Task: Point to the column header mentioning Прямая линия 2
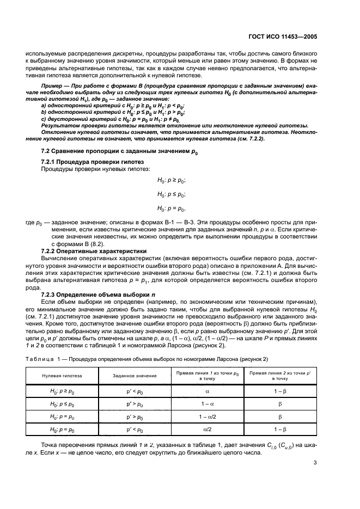(x=279, y=376)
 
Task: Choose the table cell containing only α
(x=207, y=391)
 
